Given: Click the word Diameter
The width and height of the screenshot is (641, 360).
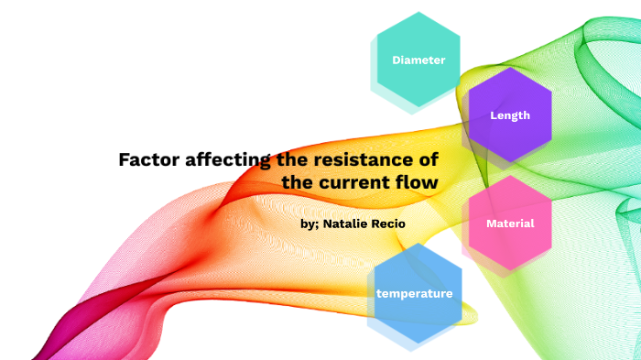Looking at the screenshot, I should pos(418,60).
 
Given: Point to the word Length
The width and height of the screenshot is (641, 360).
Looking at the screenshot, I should pos(510,115).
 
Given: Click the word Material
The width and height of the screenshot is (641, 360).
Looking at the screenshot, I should pos(510,224).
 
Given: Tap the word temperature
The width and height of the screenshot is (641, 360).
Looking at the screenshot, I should pos(414,294).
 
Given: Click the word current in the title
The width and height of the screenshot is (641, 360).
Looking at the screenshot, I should pos(356,182).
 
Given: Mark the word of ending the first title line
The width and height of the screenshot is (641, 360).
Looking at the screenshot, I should pos(428,160).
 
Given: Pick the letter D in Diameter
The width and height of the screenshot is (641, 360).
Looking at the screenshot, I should pos(397,60).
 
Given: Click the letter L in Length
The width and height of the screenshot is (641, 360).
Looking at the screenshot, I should pos(494,115).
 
